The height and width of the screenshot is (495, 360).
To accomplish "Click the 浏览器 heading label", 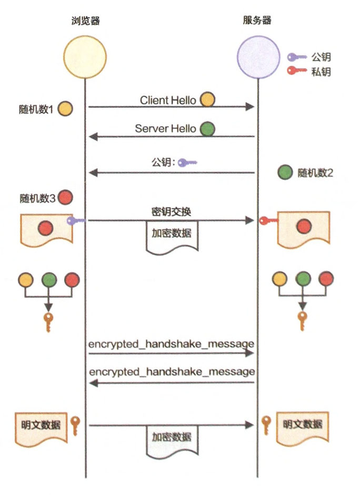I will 85,21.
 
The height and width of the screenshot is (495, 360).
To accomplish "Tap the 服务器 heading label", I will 257,21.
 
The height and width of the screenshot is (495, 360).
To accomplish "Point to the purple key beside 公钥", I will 297,56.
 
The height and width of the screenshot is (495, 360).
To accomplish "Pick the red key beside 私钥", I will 297,71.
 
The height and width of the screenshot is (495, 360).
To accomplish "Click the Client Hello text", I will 168,100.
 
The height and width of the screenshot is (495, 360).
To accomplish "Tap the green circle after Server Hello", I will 208,128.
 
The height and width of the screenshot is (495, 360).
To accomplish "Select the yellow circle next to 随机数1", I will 65,109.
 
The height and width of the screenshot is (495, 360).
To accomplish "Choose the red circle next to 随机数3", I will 65,198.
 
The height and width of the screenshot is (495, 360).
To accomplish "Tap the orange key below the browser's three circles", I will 48,321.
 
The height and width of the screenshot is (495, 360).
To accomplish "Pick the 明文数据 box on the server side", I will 303,425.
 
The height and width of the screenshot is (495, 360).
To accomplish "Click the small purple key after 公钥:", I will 187,163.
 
